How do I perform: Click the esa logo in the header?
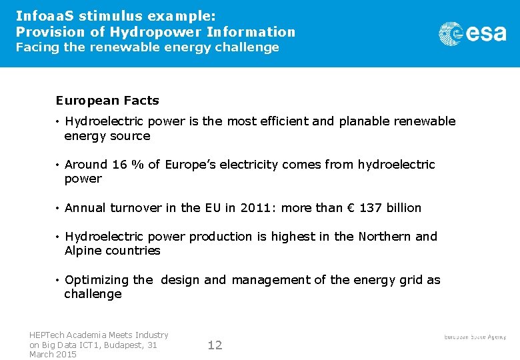[472, 33]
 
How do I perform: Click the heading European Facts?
[107, 101]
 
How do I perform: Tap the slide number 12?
[215, 345]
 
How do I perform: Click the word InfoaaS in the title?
[43, 15]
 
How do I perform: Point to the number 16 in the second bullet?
[119, 164]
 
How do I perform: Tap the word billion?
[404, 208]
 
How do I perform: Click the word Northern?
[385, 237]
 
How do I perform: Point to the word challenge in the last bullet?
[93, 294]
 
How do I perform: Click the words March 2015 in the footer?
[53, 354]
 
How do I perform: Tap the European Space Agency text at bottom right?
[475, 337]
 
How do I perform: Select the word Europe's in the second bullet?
[189, 164]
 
